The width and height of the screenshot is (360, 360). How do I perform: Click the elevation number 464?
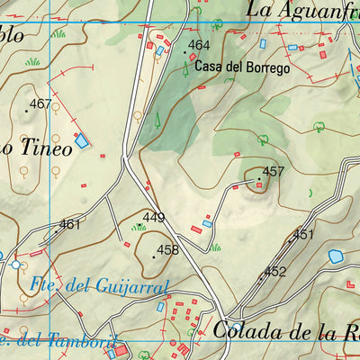point(199,46)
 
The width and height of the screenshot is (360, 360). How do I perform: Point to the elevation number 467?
point(40,104)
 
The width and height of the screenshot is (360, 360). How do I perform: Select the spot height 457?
point(273,171)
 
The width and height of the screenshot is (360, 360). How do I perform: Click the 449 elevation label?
point(154,218)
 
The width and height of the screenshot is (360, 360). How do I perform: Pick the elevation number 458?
point(168,250)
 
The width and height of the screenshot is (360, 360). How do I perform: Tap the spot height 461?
point(70,224)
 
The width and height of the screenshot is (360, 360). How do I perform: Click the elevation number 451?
point(303,235)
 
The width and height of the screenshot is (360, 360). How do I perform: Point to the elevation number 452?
point(274,271)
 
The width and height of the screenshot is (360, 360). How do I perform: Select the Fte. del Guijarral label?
point(99,286)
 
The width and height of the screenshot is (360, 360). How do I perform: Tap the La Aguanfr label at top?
point(302,10)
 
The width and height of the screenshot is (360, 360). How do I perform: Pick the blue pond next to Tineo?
point(82,140)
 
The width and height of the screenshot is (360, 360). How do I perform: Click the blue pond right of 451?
point(336,256)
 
